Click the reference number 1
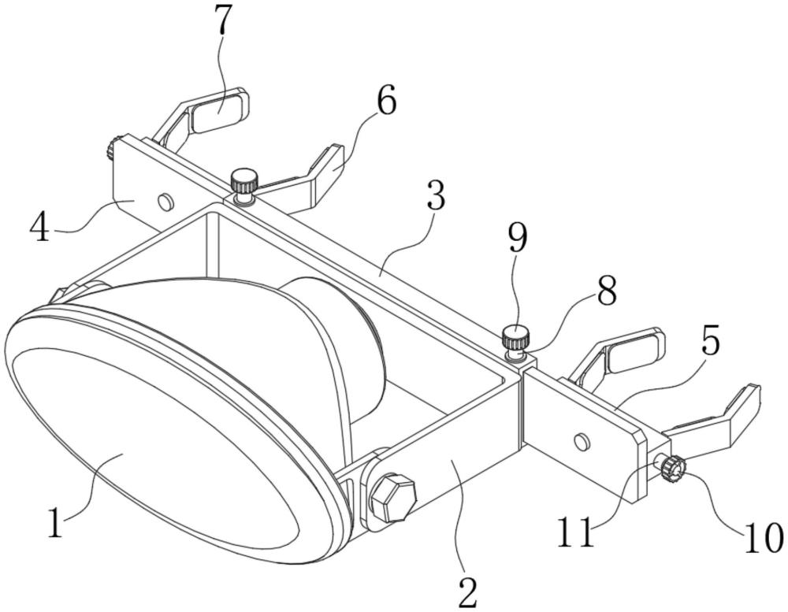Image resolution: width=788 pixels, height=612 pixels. [x=55, y=522]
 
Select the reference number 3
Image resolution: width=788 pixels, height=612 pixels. [x=436, y=195]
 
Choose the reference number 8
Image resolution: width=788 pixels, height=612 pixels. [x=606, y=291]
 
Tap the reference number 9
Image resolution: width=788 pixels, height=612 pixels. [x=518, y=238]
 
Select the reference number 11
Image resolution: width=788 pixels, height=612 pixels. [x=575, y=533]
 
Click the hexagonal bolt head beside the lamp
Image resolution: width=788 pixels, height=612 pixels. [x=393, y=499]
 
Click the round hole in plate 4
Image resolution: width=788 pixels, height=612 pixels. [x=165, y=202]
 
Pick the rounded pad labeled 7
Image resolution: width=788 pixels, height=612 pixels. [x=218, y=110]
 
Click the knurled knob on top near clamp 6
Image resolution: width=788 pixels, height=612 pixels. [x=244, y=182]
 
